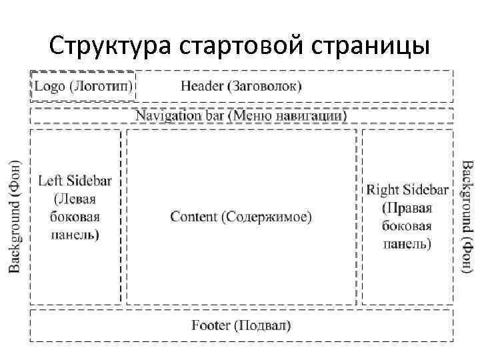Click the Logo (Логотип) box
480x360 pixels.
click(x=83, y=86)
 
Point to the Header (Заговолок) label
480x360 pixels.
click(x=241, y=86)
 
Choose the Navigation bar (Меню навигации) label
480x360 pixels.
click(x=241, y=115)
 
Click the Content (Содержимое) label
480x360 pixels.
click(x=241, y=217)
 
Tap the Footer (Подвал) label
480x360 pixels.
click(x=241, y=325)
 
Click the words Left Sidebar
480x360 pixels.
click(x=75, y=181)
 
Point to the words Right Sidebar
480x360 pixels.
click(x=407, y=190)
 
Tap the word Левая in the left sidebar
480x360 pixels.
click(x=75, y=199)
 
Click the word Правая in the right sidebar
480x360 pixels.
click(x=407, y=208)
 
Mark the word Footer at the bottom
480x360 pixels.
click(x=211, y=325)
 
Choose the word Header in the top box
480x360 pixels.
click(x=202, y=86)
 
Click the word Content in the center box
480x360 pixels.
click(x=193, y=217)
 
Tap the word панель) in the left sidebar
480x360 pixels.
click(x=75, y=235)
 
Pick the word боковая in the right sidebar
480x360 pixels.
click(x=407, y=226)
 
